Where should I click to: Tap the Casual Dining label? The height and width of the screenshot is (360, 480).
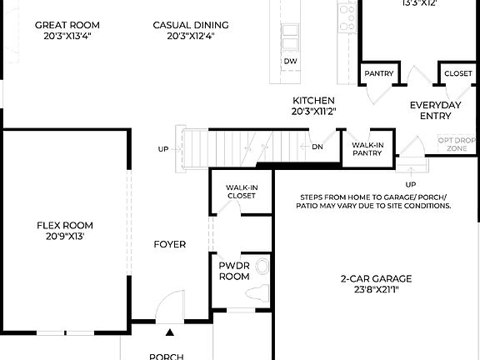click(x=191, y=25)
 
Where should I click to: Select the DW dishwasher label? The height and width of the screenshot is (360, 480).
click(x=290, y=62)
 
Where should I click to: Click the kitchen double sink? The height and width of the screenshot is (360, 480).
click(x=290, y=37)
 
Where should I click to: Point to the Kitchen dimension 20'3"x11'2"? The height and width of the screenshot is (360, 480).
click(x=313, y=111)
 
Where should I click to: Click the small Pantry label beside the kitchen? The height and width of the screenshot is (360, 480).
click(x=378, y=74)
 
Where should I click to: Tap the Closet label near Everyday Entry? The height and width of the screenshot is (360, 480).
click(x=457, y=74)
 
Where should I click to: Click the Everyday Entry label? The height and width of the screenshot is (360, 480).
click(x=435, y=110)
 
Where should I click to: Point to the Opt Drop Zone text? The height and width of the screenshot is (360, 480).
click(x=457, y=143)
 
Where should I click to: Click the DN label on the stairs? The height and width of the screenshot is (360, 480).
click(x=317, y=147)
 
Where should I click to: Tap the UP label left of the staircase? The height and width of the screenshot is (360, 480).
click(x=162, y=150)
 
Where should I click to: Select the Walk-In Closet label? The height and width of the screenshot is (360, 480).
click(x=241, y=191)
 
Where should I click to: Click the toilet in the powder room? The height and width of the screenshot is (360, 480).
click(x=262, y=268)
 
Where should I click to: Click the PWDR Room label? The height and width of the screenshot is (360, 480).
click(x=234, y=270)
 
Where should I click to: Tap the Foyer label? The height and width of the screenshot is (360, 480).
click(x=169, y=244)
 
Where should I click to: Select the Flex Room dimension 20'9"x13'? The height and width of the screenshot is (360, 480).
click(x=64, y=237)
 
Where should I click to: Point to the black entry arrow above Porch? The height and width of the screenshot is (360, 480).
click(x=170, y=332)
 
